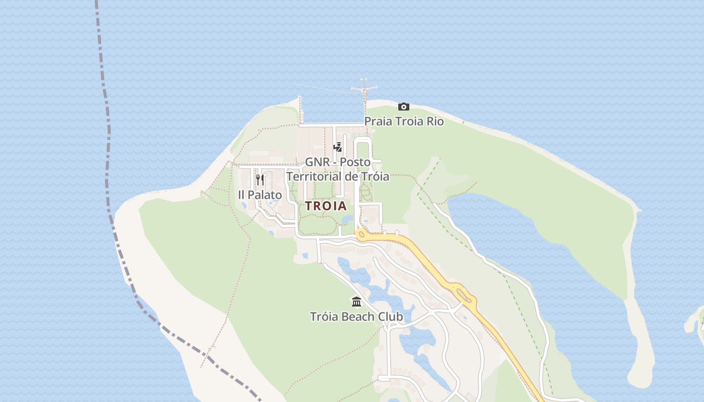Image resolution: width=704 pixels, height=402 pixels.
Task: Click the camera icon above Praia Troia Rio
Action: [x=403, y=107]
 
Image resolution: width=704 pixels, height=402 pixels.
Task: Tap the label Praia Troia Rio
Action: [x=404, y=122]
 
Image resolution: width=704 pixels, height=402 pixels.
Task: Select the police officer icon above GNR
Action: [x=338, y=147]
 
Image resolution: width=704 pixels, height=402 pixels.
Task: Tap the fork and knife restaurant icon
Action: [x=260, y=180]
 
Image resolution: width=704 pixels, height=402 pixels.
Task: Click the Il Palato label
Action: [x=260, y=194]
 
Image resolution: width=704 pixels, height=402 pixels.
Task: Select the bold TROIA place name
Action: [x=326, y=206]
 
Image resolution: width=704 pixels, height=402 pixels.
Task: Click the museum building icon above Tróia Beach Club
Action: [x=357, y=301]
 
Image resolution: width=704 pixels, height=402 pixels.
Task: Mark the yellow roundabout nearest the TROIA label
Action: [x=361, y=234]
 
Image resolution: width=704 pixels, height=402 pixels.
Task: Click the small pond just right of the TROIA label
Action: [x=347, y=220]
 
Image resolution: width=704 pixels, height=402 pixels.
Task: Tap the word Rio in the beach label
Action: [x=435, y=122]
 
